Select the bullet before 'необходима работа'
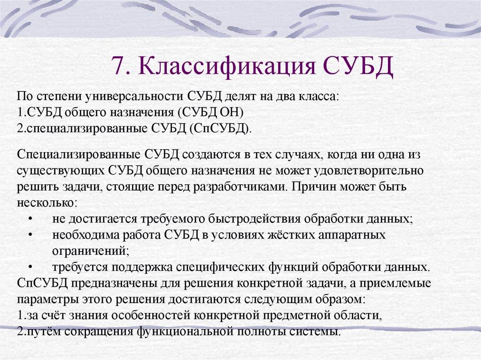31,235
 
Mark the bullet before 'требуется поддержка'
31,268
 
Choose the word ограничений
89,250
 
